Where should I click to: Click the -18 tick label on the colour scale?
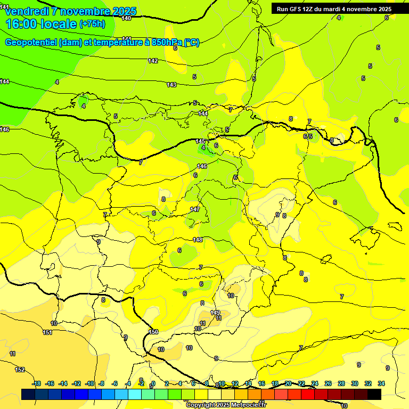(x=37, y=383)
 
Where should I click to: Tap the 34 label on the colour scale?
(x=381, y=383)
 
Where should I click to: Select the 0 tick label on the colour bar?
(x=153, y=383)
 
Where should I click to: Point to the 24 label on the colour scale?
(x=315, y=383)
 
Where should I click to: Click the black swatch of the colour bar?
(x=374, y=394)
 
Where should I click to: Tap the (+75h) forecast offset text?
(x=92, y=23)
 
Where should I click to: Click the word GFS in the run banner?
(x=298, y=9)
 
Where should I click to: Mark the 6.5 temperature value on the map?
(x=308, y=137)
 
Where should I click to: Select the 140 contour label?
(x=126, y=18)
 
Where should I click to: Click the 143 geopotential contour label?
(x=171, y=85)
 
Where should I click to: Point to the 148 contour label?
(x=198, y=240)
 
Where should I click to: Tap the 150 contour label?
(x=154, y=332)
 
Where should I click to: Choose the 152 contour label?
(x=20, y=370)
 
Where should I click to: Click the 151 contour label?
(x=47, y=332)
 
